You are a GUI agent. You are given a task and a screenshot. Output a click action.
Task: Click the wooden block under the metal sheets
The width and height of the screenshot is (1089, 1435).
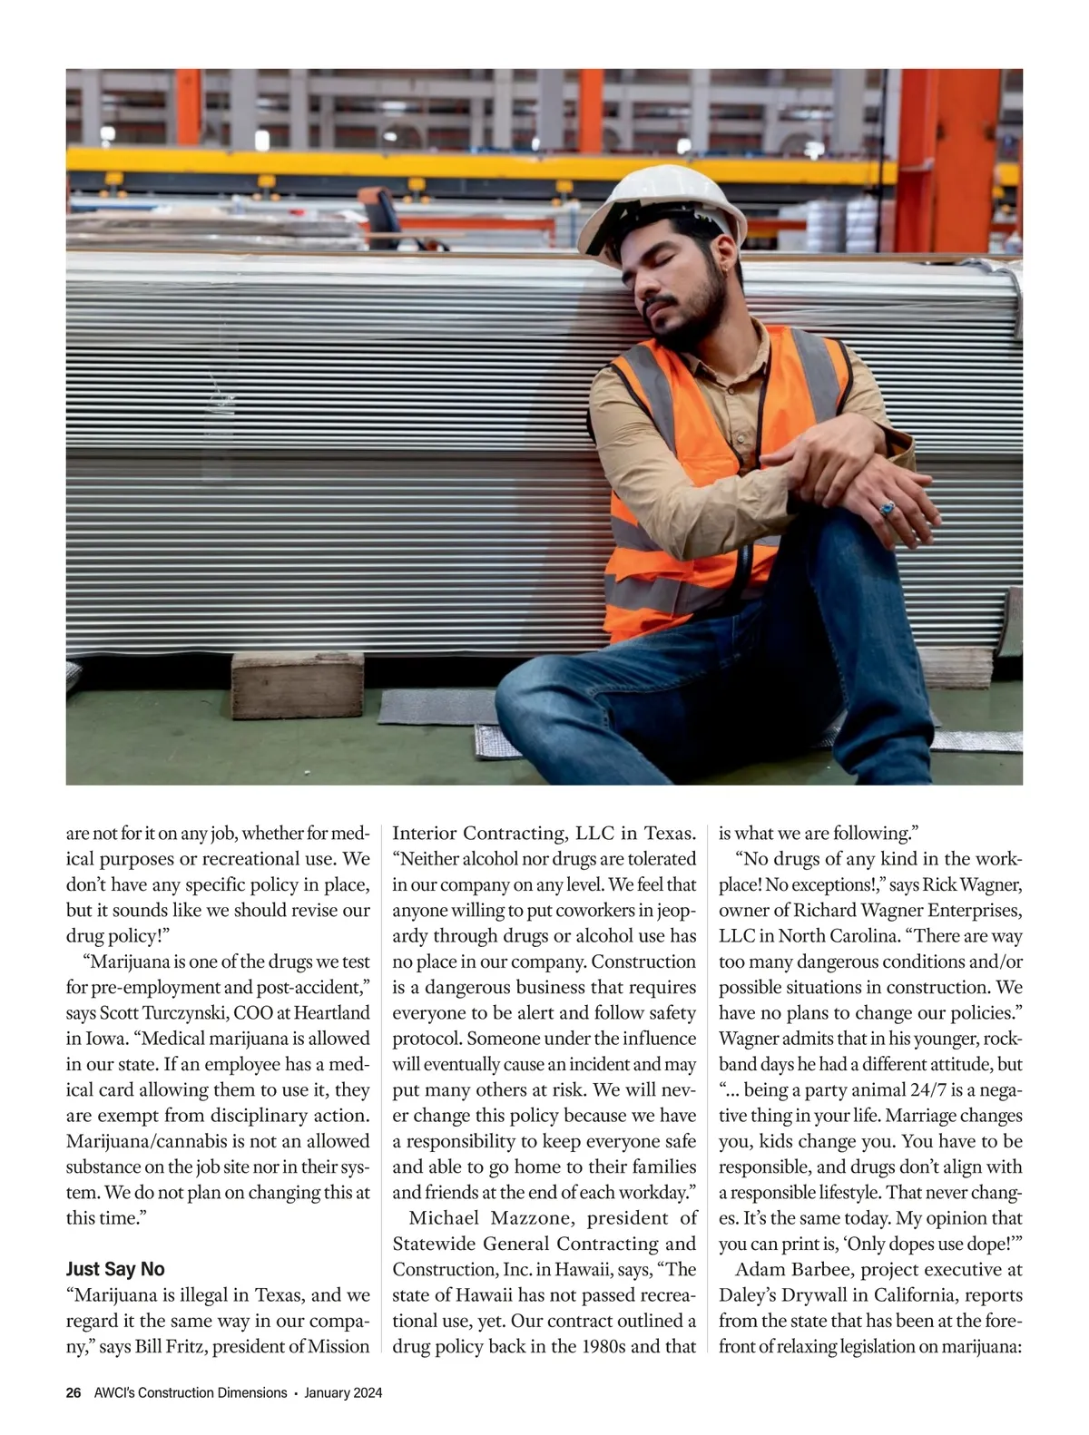[x=297, y=685]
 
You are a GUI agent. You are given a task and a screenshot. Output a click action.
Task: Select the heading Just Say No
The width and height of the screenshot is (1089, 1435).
[x=115, y=1269]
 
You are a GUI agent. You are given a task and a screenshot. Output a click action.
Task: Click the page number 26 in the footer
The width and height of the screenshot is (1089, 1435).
[x=74, y=1392]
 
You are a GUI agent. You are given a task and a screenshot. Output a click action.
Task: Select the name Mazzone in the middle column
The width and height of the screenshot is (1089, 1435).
[x=533, y=1217]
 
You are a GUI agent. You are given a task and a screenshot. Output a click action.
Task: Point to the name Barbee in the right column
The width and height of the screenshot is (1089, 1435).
[x=823, y=1269]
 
